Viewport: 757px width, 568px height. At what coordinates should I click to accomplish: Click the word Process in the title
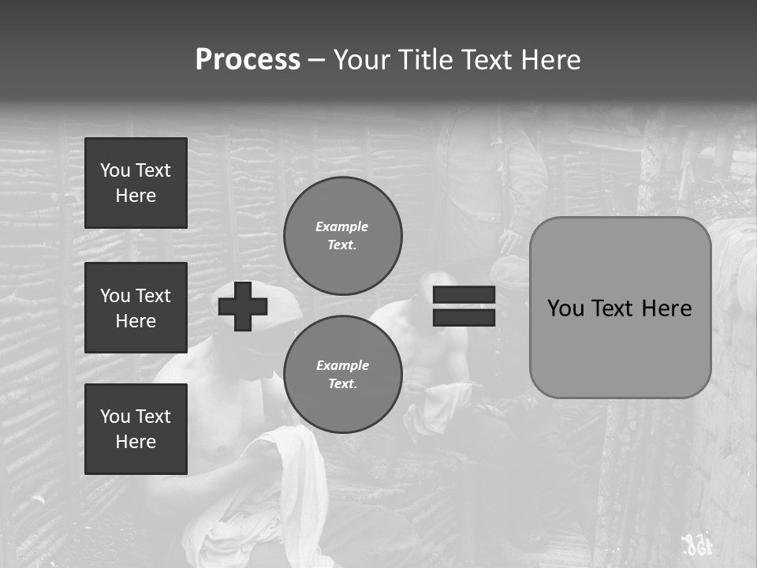click(x=248, y=60)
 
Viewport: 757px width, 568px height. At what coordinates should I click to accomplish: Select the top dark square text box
click(x=136, y=183)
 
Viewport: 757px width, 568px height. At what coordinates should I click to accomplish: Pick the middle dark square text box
click(x=136, y=308)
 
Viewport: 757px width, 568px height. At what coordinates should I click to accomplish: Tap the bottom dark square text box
click(x=136, y=429)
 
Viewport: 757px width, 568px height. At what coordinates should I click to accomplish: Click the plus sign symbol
click(x=243, y=306)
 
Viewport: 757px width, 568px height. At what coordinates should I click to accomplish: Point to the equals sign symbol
click(x=464, y=306)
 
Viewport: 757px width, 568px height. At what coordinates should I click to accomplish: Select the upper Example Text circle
click(x=342, y=236)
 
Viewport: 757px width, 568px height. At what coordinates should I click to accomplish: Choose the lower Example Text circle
click(x=342, y=375)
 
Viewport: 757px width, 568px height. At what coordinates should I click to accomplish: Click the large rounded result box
click(x=620, y=308)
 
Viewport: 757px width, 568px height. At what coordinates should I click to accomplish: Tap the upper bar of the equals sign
click(x=464, y=295)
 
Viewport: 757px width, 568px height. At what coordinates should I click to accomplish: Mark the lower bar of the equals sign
click(x=464, y=317)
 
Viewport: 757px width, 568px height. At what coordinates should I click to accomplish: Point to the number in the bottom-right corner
click(x=695, y=544)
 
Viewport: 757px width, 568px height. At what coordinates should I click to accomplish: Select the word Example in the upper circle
click(x=342, y=226)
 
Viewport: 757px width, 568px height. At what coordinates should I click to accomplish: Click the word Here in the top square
click(x=136, y=196)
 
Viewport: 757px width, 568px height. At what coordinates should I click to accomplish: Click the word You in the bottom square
click(x=115, y=417)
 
